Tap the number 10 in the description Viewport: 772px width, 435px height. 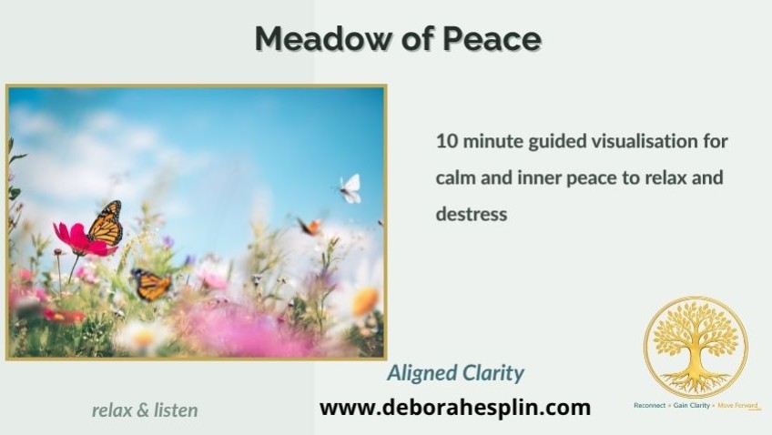tap(447, 141)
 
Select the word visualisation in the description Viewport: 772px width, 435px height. tap(644, 141)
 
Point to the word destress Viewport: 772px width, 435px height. tap(472, 214)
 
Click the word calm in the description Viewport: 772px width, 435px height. tap(456, 177)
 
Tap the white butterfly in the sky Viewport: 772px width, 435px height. tap(350, 188)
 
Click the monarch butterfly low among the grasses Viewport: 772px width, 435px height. tap(150, 285)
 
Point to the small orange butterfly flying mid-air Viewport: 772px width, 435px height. tap(310, 227)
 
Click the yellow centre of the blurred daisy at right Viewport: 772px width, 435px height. tap(365, 301)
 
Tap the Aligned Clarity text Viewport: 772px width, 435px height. tap(456, 373)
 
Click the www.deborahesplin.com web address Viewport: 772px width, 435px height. tap(455, 408)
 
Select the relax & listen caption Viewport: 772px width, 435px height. tap(145, 410)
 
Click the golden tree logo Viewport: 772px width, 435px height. tap(696, 348)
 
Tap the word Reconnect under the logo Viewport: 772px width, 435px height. tap(649, 406)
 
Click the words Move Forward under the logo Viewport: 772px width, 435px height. tap(737, 406)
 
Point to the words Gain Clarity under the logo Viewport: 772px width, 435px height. tap(692, 406)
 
